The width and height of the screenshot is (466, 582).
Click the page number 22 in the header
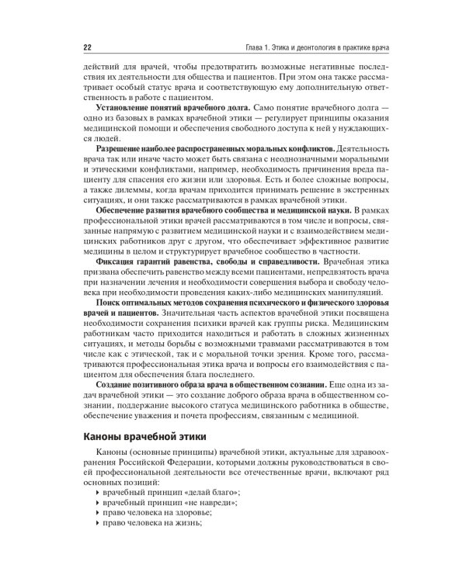tap(86, 47)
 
